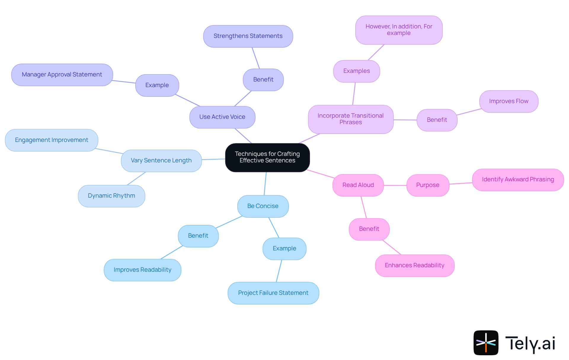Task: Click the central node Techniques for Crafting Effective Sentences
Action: point(267,157)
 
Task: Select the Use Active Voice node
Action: point(222,117)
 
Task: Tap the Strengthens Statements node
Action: point(248,36)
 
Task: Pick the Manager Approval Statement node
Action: point(62,75)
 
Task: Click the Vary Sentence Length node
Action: point(161,161)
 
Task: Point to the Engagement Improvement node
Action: point(52,140)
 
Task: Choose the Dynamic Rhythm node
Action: point(111,196)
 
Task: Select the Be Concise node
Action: point(263,206)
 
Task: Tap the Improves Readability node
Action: point(143,270)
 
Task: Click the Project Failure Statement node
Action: point(273,293)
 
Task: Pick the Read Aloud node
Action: point(358,185)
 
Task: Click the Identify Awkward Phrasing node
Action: point(518,180)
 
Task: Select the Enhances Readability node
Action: point(415,265)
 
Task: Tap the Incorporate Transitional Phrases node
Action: point(351,119)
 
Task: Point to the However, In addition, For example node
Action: point(399,30)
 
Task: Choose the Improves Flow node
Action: point(509,101)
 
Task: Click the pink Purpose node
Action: point(428,185)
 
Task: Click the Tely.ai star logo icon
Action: point(486,343)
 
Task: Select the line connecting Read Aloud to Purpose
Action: point(395,185)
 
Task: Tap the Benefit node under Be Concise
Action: point(198,236)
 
